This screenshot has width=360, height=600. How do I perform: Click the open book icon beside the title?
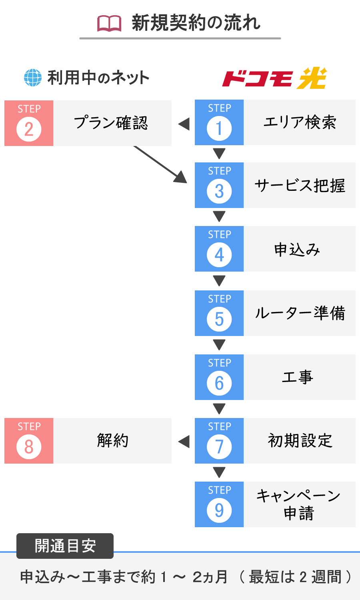click(109, 24)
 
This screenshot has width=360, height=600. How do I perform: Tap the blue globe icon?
click(33, 78)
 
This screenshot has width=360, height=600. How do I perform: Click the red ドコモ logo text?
click(257, 79)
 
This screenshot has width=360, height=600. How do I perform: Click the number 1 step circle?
click(219, 128)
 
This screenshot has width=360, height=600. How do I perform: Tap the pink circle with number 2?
click(29, 129)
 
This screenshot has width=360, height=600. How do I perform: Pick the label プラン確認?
click(111, 123)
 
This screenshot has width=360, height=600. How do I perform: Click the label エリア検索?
click(300, 122)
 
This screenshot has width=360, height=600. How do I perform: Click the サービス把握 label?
click(300, 185)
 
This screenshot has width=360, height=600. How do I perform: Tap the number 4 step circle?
click(219, 255)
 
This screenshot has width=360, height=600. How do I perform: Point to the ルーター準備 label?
click(300, 313)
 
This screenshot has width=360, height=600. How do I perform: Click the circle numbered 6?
click(219, 383)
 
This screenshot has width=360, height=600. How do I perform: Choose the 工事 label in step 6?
click(298, 377)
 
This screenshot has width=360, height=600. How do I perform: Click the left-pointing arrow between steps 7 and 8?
click(184, 442)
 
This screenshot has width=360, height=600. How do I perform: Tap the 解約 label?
click(112, 441)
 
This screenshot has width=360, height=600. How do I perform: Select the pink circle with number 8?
click(29, 447)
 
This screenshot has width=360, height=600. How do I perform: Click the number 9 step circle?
click(219, 510)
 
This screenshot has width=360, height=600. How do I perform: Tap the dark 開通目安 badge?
click(65, 546)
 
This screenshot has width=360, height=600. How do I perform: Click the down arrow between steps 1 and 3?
click(219, 154)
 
